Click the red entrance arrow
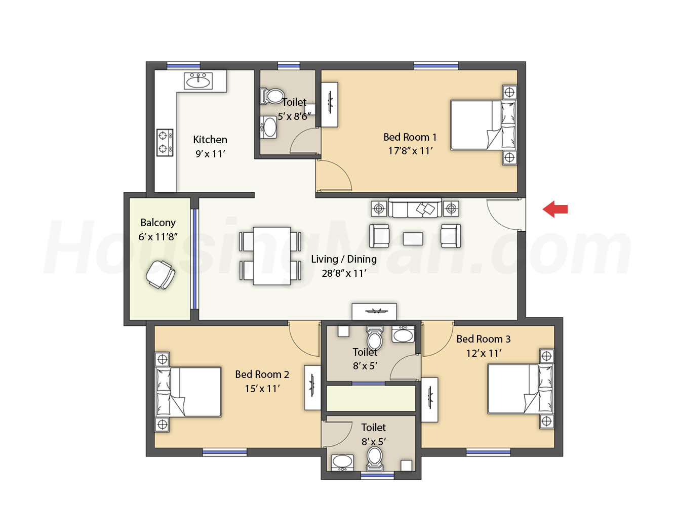[555, 209]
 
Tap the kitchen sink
[198, 81]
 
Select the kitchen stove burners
[165, 143]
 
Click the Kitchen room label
[210, 140]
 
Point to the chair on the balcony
[160, 275]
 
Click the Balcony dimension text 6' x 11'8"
[158, 237]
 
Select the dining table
[272, 256]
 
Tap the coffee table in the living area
[413, 239]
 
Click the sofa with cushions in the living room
[415, 208]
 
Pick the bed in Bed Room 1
[484, 125]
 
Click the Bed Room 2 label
[262, 374]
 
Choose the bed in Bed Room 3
[521, 389]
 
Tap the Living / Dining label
[344, 259]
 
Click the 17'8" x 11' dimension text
[410, 151]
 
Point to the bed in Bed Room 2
[187, 392]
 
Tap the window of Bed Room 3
[488, 452]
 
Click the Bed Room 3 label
[484, 339]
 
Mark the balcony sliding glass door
[194, 259]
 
